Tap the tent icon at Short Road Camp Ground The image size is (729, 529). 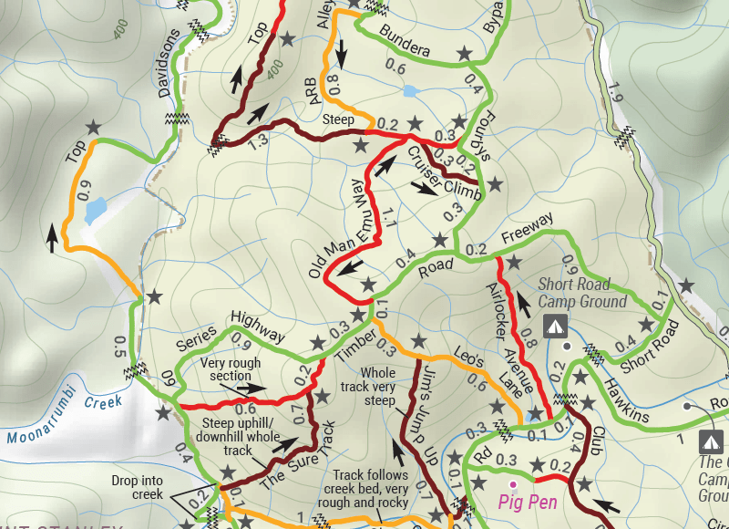click(554, 326)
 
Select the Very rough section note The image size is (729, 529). click(231, 369)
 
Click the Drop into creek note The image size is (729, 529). click(138, 487)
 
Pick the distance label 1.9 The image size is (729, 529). click(616, 91)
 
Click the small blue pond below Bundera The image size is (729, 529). click(408, 92)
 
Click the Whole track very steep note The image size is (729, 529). click(378, 387)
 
